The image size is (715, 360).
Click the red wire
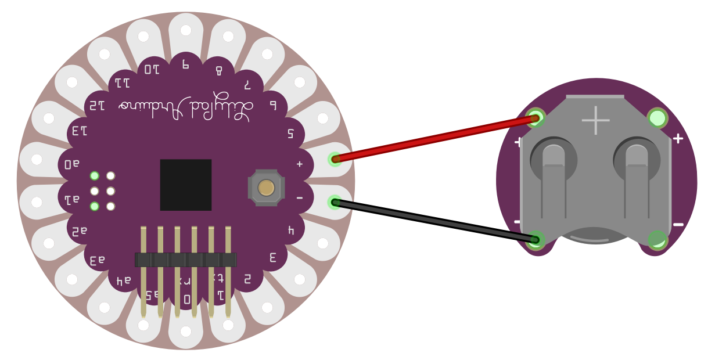coord(436,139)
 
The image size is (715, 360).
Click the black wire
coord(436,221)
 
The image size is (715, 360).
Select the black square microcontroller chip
coord(186,185)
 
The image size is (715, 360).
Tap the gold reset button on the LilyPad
coord(266,188)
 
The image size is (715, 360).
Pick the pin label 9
coord(186,64)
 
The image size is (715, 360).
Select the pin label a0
coord(72,164)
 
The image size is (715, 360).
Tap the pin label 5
coord(290,133)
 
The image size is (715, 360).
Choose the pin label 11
coord(122,82)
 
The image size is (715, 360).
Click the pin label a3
coord(97,261)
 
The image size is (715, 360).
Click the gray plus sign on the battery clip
coord(595,120)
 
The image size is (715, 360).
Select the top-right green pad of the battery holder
coord(657,118)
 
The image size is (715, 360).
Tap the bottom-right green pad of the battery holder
coord(657,239)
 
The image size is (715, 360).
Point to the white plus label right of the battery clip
coord(677,139)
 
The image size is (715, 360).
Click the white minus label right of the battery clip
coord(678,225)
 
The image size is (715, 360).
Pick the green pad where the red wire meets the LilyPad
coord(335,159)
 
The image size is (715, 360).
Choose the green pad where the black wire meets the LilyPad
coord(335,202)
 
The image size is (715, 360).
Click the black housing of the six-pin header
coord(185,260)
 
